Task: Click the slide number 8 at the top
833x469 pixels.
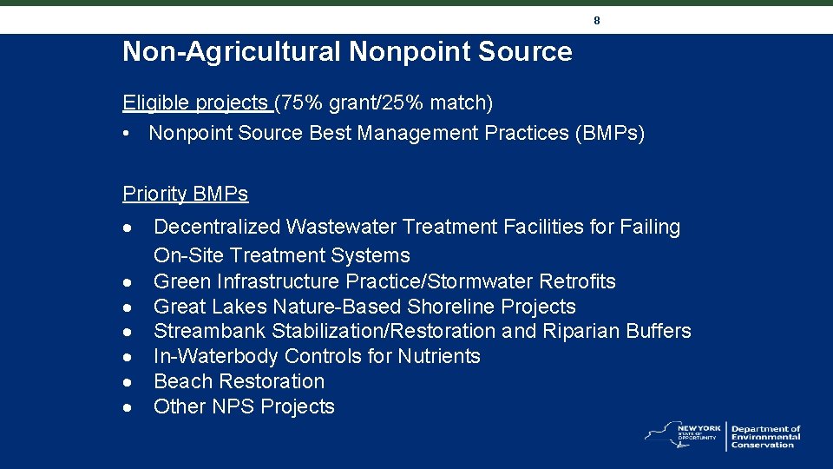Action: click(x=597, y=19)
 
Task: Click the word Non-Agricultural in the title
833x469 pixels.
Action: click(x=232, y=52)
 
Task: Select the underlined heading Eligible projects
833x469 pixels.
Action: click(x=196, y=103)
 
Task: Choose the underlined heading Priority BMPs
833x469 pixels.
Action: click(x=185, y=194)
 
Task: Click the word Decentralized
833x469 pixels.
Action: click(x=217, y=228)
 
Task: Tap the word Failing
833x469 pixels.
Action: click(x=650, y=228)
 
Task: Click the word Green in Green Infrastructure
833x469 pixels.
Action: click(x=180, y=281)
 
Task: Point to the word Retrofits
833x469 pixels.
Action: click(x=577, y=281)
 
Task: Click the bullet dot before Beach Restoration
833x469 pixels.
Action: click(x=128, y=382)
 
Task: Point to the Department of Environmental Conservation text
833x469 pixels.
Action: click(x=765, y=437)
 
